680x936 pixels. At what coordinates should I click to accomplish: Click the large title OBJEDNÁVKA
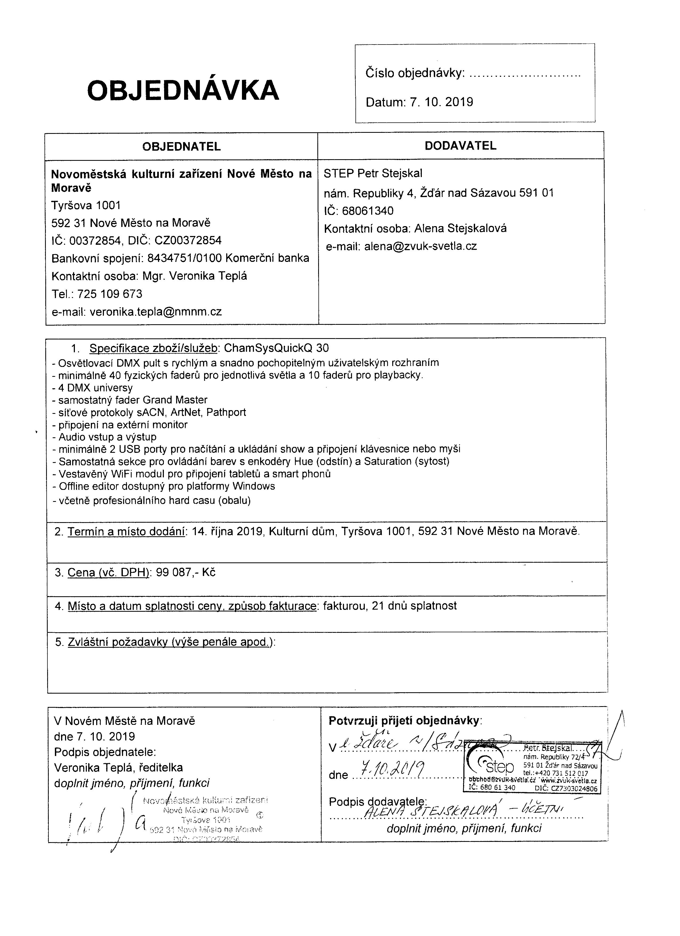[183, 90]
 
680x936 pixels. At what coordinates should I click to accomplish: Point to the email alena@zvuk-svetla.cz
[420, 246]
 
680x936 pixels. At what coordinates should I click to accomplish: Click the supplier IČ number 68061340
[367, 211]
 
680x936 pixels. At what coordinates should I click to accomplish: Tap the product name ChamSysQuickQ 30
[276, 348]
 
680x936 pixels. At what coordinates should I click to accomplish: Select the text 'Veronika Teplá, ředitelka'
[118, 768]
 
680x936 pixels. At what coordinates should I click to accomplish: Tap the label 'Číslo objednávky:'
[415, 73]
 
